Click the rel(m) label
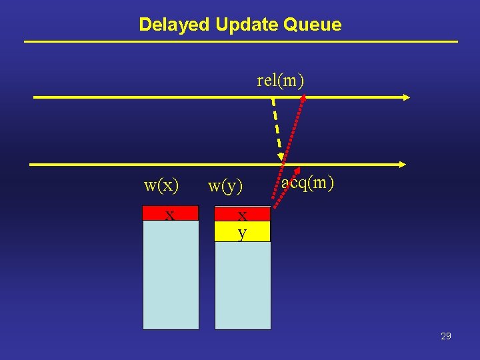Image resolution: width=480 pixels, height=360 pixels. (280, 81)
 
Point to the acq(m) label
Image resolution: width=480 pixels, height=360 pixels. (307, 182)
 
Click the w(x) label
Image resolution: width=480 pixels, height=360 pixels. (161, 185)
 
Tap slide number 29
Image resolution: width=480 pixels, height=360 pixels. (446, 336)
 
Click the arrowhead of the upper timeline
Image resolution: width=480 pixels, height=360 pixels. (406, 97)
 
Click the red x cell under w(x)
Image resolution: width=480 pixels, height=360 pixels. (171, 214)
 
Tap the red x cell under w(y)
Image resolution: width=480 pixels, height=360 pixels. (243, 214)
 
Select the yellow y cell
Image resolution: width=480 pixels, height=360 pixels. (243, 231)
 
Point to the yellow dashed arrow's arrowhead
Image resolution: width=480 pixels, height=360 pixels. (281, 156)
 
